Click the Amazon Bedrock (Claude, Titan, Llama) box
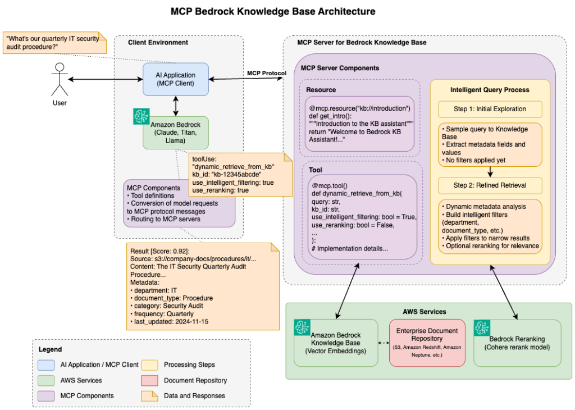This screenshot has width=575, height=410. pyautogui.click(x=175, y=133)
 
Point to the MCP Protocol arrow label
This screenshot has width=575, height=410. pyautogui.click(x=267, y=73)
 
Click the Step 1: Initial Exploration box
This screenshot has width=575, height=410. pyautogui.click(x=490, y=109)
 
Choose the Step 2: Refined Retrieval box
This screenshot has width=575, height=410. pyautogui.click(x=490, y=185)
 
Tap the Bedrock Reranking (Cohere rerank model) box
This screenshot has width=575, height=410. pyautogui.click(x=517, y=343)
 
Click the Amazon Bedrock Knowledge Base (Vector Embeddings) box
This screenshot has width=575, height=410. pyautogui.click(x=336, y=343)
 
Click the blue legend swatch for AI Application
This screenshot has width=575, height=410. pyautogui.click(x=47, y=365)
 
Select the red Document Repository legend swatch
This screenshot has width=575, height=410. pyautogui.click(x=150, y=380)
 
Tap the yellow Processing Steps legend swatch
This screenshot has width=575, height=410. pyautogui.click(x=150, y=365)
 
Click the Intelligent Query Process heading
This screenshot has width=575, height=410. pyautogui.click(x=490, y=89)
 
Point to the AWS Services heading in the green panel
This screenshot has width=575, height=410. pyautogui.click(x=424, y=311)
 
